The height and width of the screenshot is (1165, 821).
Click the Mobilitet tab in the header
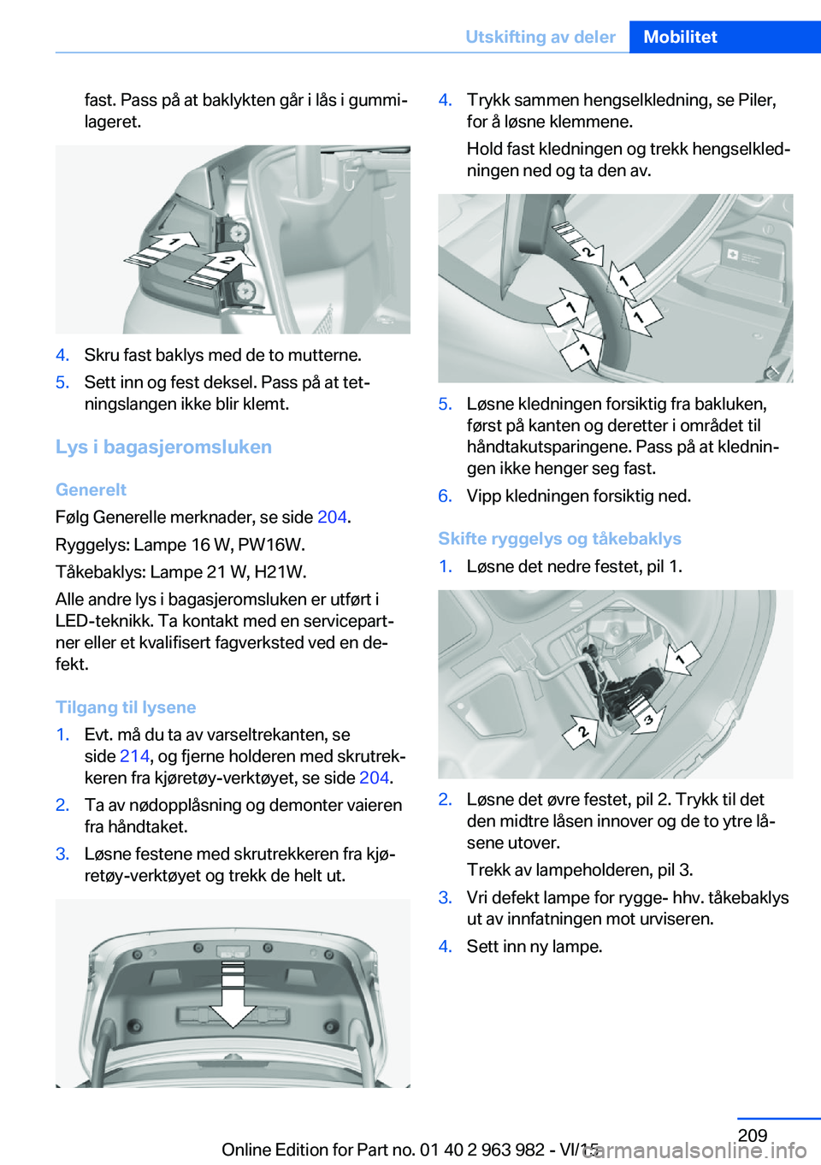click(x=680, y=37)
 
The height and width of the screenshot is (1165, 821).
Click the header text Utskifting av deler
click(x=540, y=37)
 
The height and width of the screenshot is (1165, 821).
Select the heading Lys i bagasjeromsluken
click(x=163, y=446)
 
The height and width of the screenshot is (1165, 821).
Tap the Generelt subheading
click(x=91, y=489)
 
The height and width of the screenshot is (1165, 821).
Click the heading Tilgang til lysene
click(x=126, y=707)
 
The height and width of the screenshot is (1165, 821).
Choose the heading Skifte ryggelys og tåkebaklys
click(x=559, y=538)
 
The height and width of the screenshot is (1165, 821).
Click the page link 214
click(x=134, y=756)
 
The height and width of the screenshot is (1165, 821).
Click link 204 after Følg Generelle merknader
click(x=332, y=517)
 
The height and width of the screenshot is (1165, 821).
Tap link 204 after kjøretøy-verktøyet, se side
click(x=374, y=778)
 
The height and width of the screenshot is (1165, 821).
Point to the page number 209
click(x=753, y=1135)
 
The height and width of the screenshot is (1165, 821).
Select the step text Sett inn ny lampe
click(x=534, y=946)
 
